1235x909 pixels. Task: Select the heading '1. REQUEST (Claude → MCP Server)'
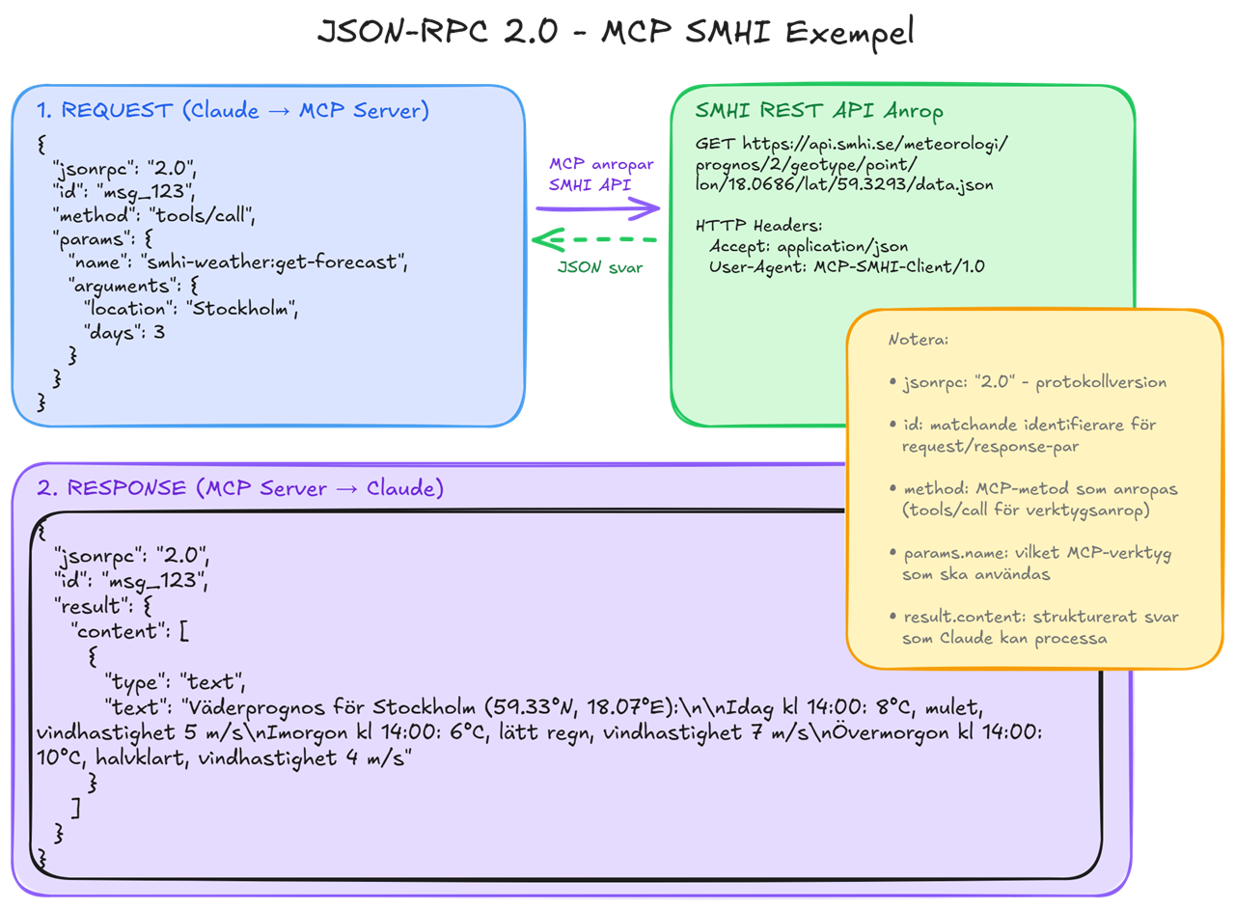click(x=233, y=110)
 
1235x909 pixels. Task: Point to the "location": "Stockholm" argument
click(x=192, y=309)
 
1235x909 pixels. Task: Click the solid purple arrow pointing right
click(x=598, y=207)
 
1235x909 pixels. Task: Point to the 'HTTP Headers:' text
click(x=758, y=226)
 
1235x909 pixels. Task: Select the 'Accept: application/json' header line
click(x=808, y=246)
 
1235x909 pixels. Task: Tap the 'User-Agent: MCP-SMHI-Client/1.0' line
click(x=846, y=266)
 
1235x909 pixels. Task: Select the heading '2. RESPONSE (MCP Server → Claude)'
click(x=240, y=488)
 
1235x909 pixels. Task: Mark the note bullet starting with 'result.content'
click(x=1032, y=627)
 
